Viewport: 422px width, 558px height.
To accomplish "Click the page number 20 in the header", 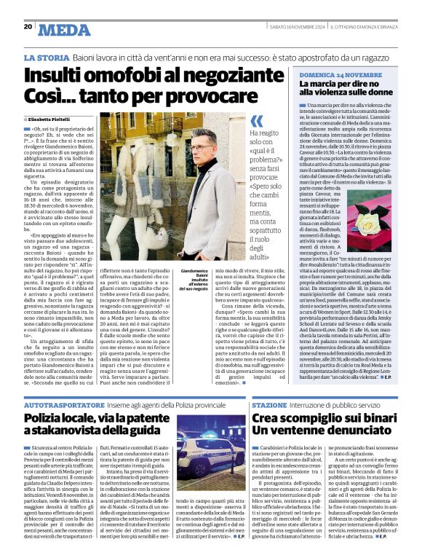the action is (28, 27).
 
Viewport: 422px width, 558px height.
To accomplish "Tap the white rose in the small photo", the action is (367, 222).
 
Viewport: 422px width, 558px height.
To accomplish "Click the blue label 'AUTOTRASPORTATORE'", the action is (65, 403).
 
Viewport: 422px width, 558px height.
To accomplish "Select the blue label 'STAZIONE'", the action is (268, 403).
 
